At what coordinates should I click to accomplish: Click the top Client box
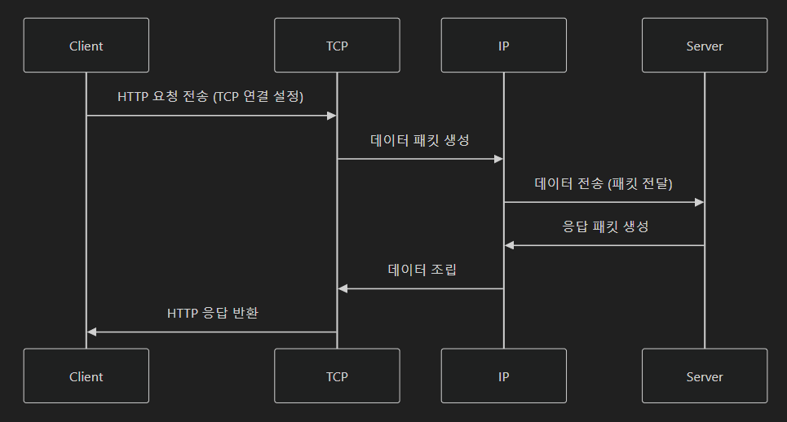(86, 46)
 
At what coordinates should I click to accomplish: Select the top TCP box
(337, 46)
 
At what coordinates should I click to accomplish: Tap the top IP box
(503, 46)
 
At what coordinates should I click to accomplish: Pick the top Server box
(705, 46)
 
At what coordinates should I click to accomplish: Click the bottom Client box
(86, 376)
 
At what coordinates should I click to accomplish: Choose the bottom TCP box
(337, 376)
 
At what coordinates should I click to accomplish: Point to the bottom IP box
(503, 376)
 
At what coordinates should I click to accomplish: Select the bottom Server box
(705, 376)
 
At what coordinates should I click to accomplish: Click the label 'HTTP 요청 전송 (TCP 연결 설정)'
(210, 97)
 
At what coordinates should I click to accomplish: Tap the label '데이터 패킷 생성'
(420, 140)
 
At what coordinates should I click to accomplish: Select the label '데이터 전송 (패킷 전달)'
(604, 183)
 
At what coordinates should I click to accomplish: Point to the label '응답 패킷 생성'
(605, 226)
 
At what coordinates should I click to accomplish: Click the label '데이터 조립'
(422, 270)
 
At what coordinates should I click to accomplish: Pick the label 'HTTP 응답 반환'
(213, 313)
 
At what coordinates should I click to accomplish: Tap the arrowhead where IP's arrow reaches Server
(699, 202)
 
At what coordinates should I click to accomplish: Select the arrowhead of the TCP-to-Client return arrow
(92, 332)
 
